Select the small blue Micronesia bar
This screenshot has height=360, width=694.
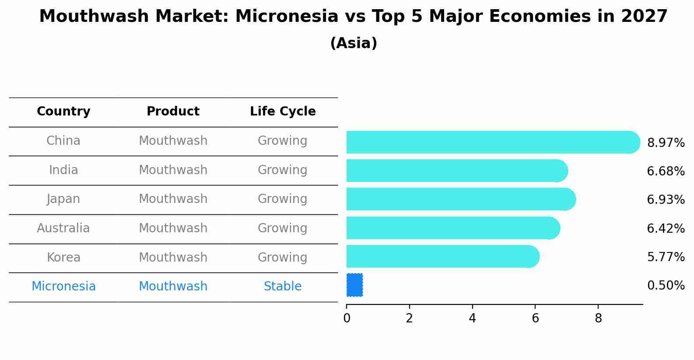[354, 285]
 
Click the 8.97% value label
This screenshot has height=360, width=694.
[666, 143]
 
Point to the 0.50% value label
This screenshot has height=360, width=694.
[666, 286]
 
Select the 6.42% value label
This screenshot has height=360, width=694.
[666, 228]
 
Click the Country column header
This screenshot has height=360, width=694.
[63, 112]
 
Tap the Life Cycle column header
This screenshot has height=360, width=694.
[283, 112]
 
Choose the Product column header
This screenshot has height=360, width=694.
[173, 112]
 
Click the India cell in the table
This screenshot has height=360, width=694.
[63, 170]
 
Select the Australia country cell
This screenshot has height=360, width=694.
[63, 228]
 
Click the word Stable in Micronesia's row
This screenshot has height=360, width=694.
[283, 287]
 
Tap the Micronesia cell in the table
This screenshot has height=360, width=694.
[63, 287]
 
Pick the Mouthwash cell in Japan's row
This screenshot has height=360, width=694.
[173, 199]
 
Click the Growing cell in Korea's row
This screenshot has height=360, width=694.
[283, 257]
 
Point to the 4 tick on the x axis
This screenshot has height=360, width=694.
[472, 318]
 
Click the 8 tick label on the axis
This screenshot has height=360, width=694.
[598, 318]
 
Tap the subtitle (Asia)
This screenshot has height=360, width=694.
[354, 43]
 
